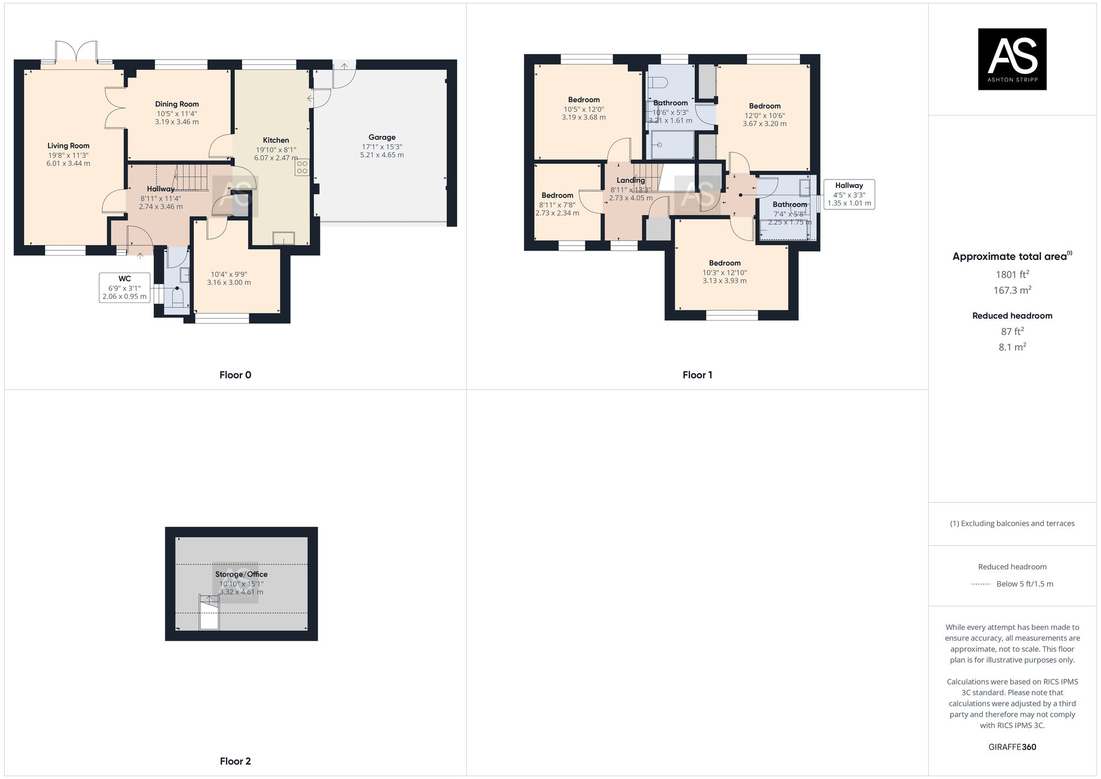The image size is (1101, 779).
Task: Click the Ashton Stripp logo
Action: [1012, 59]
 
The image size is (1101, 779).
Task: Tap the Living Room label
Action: [68, 146]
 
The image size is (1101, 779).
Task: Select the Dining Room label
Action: [177, 104]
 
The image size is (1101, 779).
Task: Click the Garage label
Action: [382, 138]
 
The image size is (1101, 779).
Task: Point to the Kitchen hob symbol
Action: [302, 167]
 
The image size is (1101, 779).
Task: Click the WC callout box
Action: [124, 287]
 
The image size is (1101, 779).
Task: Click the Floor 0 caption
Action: [235, 375]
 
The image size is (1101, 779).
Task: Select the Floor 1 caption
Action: [697, 375]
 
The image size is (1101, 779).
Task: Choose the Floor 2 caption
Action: [235, 761]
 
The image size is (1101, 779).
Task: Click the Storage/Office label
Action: [241, 574]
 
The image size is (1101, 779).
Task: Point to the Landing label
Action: [630, 180]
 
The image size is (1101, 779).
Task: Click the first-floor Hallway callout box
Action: [848, 194]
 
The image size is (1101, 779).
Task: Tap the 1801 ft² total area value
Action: [1012, 274]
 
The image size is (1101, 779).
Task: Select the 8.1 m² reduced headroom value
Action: [1012, 347]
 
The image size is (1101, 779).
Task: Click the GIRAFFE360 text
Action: [1012, 747]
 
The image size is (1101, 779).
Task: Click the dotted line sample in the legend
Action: [981, 584]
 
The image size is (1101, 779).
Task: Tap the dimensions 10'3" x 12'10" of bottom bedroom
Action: [724, 272]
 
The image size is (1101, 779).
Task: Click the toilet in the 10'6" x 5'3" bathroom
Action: [658, 83]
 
